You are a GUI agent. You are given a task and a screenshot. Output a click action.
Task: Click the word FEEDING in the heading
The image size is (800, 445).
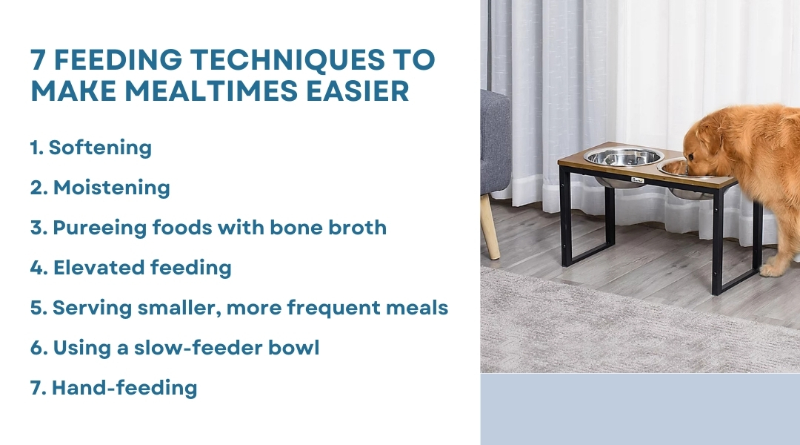click(x=118, y=59)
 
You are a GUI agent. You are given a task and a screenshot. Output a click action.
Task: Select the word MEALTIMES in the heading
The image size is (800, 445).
click(x=210, y=91)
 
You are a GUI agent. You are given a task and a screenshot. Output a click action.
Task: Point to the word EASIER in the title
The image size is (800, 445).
click(x=358, y=91)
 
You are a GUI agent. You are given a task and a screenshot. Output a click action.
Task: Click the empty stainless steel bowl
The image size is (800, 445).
click(x=623, y=156)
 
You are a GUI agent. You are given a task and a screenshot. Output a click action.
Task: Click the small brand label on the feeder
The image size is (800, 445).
click(x=638, y=179)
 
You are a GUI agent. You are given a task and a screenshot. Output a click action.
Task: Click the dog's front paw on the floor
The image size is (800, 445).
click(x=770, y=270)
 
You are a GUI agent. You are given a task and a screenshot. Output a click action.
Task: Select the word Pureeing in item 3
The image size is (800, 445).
click(x=99, y=228)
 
